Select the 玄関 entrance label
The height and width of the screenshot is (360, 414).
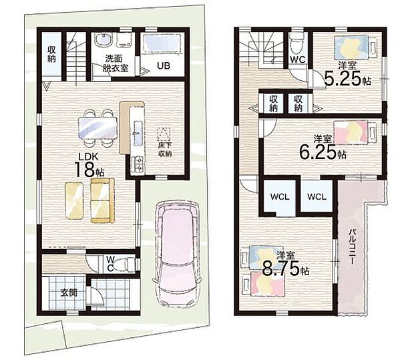tap(69, 293)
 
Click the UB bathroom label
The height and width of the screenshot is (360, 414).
tap(164, 65)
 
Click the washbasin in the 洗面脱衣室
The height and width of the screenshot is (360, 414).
tap(103, 41)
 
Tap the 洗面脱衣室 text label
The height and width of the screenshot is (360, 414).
tap(115, 63)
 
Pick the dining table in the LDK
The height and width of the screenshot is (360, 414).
tap(97, 128)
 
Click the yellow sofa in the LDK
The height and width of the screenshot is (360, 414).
tap(102, 200)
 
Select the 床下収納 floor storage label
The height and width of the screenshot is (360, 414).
tap(165, 149)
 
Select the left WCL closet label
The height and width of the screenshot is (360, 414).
tap(280, 196)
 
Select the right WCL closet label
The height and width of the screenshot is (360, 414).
tap(317, 196)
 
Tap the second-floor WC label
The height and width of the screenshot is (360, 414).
tap(298, 59)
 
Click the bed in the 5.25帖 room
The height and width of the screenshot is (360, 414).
tap(355, 48)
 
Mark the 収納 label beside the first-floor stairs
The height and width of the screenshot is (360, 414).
tap(51, 54)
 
